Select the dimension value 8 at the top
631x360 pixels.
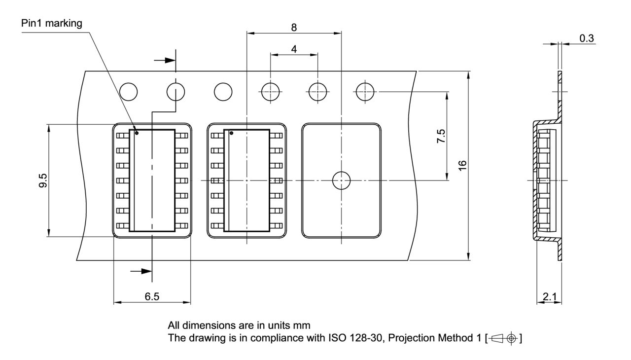click(x=294, y=27)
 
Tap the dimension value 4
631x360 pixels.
click(x=294, y=49)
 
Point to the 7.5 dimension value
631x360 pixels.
click(x=441, y=136)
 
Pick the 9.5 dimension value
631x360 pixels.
click(x=44, y=181)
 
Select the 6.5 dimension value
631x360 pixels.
click(x=152, y=296)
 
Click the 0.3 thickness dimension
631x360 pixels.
click(x=586, y=38)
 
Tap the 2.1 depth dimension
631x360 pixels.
click(x=549, y=296)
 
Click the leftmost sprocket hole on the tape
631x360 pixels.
click(x=128, y=91)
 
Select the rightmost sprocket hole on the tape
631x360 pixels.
click(x=365, y=91)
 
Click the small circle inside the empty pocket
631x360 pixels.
click(x=341, y=181)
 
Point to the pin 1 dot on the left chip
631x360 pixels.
click(x=137, y=133)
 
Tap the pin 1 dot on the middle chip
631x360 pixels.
click(x=231, y=133)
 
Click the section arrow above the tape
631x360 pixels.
click(x=165, y=60)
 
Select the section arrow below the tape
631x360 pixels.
click(x=141, y=271)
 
